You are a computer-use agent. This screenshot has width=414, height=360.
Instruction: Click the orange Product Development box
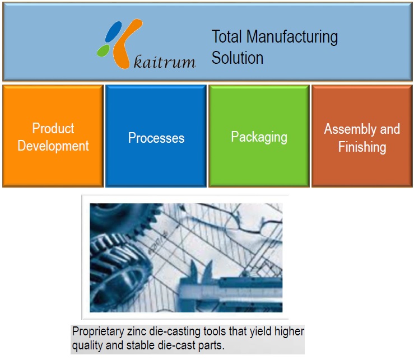(x=53, y=136)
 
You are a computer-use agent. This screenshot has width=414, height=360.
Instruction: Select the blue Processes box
(x=156, y=136)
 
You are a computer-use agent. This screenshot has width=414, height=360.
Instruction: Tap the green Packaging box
(x=259, y=136)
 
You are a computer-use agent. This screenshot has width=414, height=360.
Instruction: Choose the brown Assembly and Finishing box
(x=362, y=136)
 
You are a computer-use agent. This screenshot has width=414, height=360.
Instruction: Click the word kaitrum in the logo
(x=165, y=61)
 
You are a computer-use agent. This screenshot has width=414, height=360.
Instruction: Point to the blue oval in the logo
(x=114, y=31)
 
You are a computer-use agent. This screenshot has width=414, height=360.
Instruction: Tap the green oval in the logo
(x=104, y=51)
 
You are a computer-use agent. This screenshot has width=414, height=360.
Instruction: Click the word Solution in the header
(x=238, y=57)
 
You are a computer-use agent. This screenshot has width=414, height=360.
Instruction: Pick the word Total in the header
(x=227, y=37)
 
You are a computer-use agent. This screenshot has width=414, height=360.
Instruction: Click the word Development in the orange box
(x=53, y=146)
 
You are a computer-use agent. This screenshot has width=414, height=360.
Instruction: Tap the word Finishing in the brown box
(x=362, y=147)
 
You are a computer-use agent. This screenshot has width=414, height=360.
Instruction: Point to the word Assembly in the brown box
(x=346, y=129)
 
